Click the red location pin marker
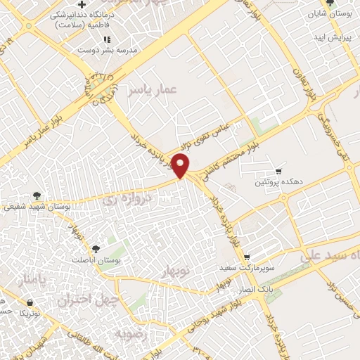coord(182,165)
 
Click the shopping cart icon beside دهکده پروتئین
coord(278,171)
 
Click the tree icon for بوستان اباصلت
coord(96,249)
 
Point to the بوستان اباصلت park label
coord(96,259)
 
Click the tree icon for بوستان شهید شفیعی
coord(37,195)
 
